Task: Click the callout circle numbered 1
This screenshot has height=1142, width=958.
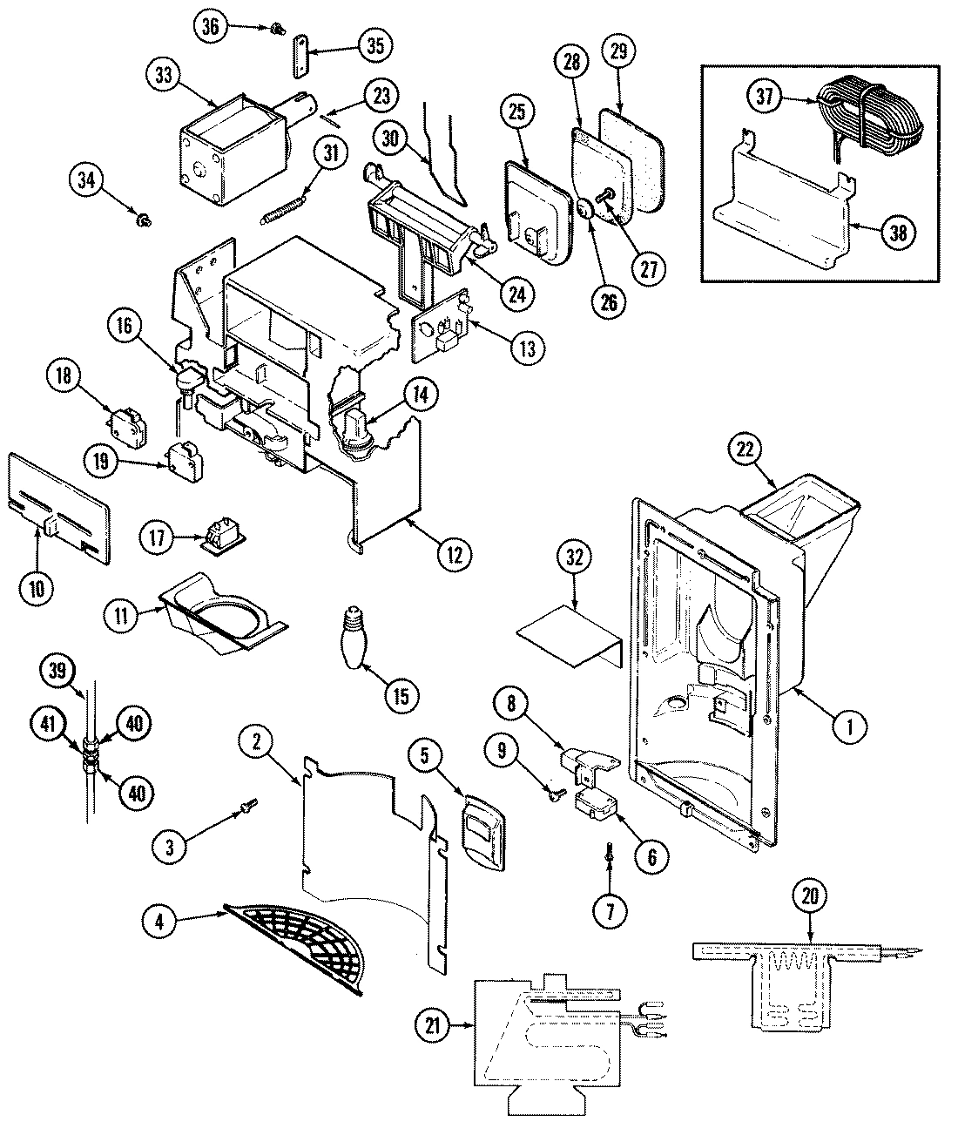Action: [x=844, y=726]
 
